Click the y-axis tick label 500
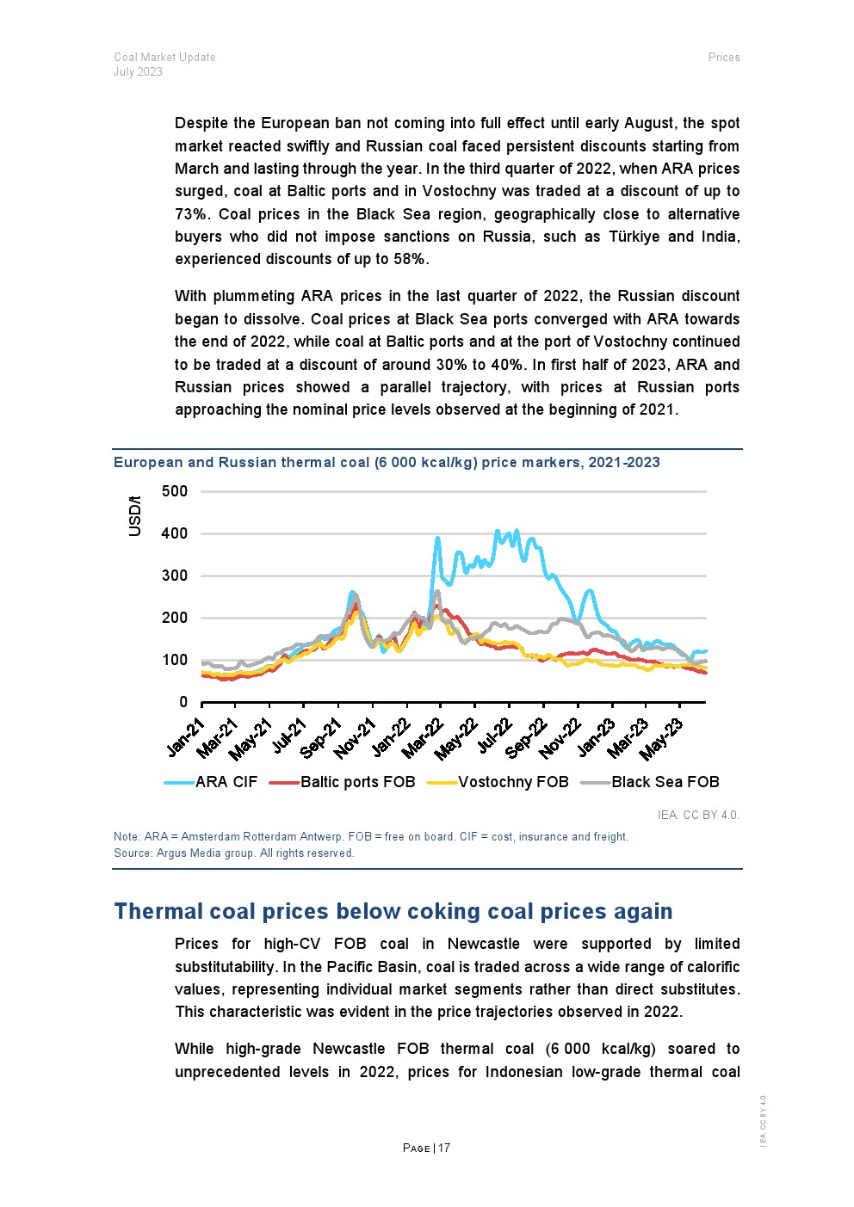[174, 491]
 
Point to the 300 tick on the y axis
[174, 576]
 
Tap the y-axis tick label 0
[183, 702]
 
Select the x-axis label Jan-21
[186, 738]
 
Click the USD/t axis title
[135, 516]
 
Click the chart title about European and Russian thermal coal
[387, 462]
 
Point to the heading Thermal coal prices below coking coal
[393, 911]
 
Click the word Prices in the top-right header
[724, 58]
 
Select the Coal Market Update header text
[164, 58]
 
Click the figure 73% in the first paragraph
[189, 214]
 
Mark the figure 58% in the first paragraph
[410, 259]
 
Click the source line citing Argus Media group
[233, 853]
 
